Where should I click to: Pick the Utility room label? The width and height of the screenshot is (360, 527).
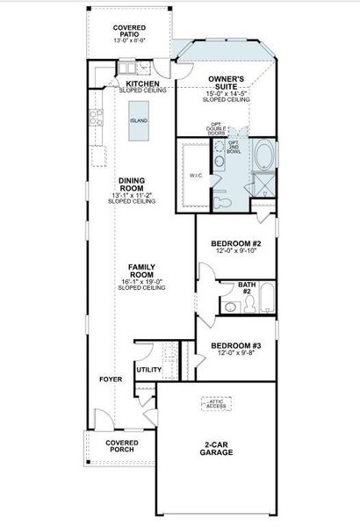tap(149, 370)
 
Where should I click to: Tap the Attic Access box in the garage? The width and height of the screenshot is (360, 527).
tap(215, 404)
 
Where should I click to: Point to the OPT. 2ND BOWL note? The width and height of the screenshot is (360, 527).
tap(234, 147)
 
